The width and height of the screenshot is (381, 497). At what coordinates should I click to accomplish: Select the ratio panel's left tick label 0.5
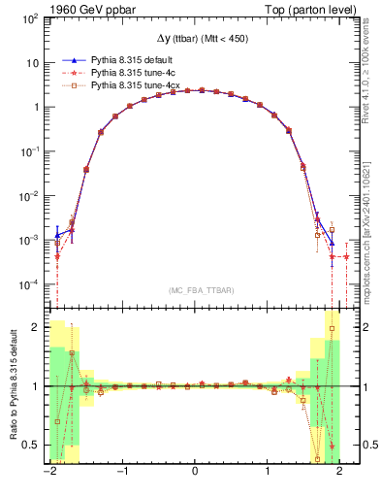(30, 445)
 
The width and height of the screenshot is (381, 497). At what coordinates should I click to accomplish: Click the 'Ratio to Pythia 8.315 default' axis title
(12, 385)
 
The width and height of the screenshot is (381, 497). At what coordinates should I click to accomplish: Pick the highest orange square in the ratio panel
(333, 328)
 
